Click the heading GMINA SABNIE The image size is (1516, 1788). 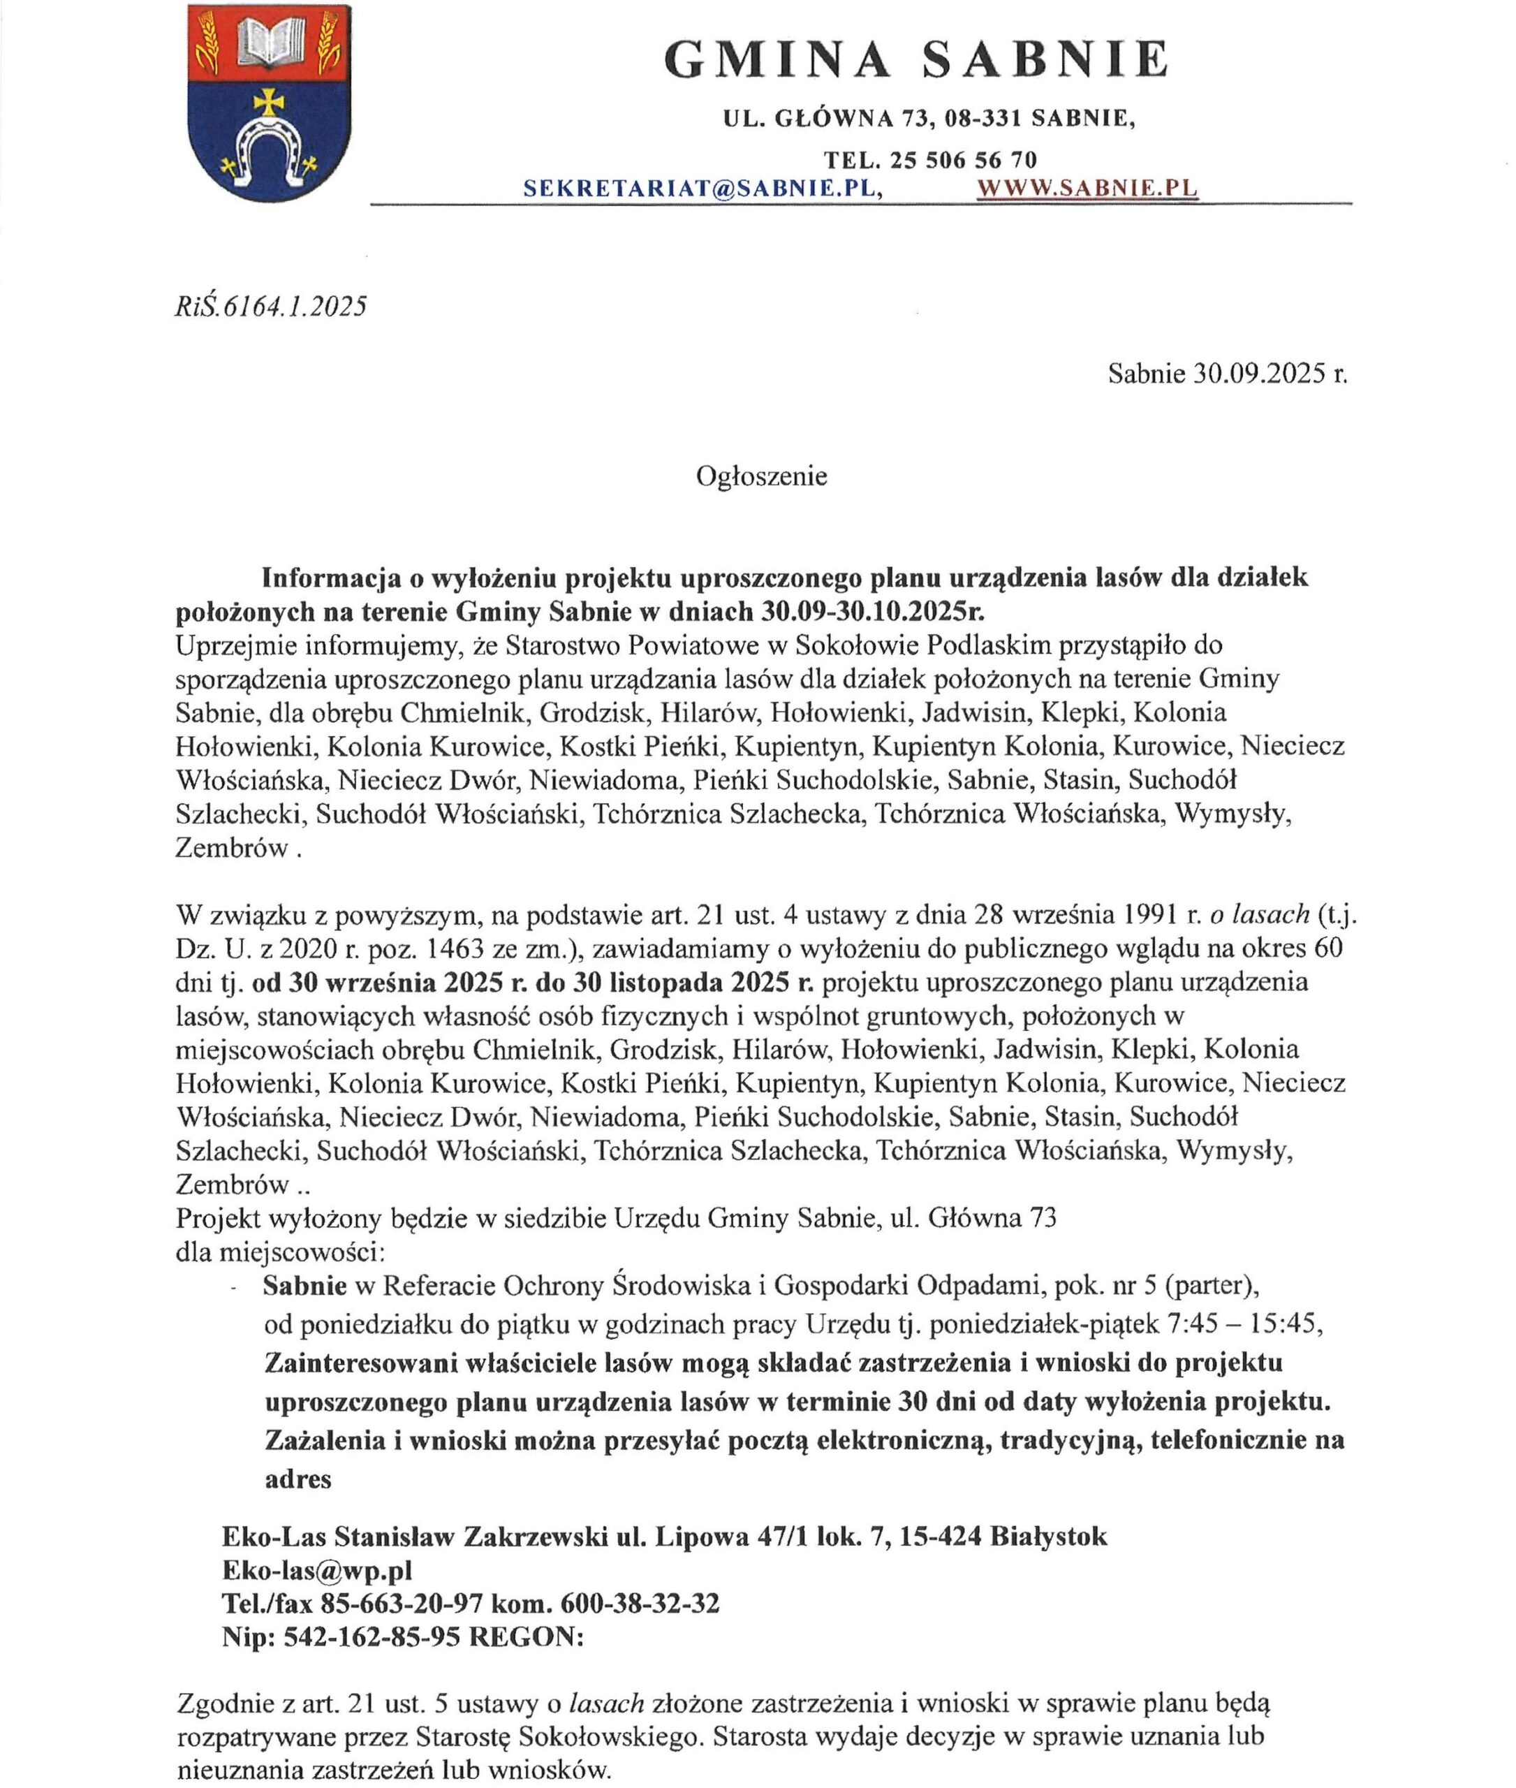coord(916,60)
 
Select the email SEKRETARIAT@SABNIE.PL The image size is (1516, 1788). coord(703,189)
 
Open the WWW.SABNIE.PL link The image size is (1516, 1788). coord(1088,189)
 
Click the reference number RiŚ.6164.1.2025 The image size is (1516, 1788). coord(271,306)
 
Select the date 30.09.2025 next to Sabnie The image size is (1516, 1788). coord(1258,373)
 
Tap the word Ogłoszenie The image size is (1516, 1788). coord(761,476)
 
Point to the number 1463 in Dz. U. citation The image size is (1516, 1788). coord(452,949)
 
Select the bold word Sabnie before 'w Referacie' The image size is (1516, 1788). coord(305,1286)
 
